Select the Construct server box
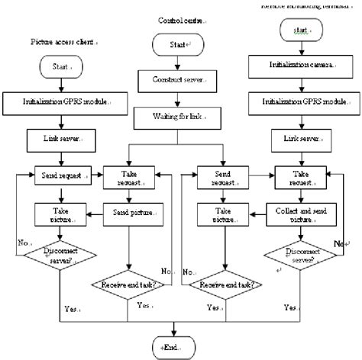[176, 79]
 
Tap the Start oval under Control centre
[176, 45]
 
